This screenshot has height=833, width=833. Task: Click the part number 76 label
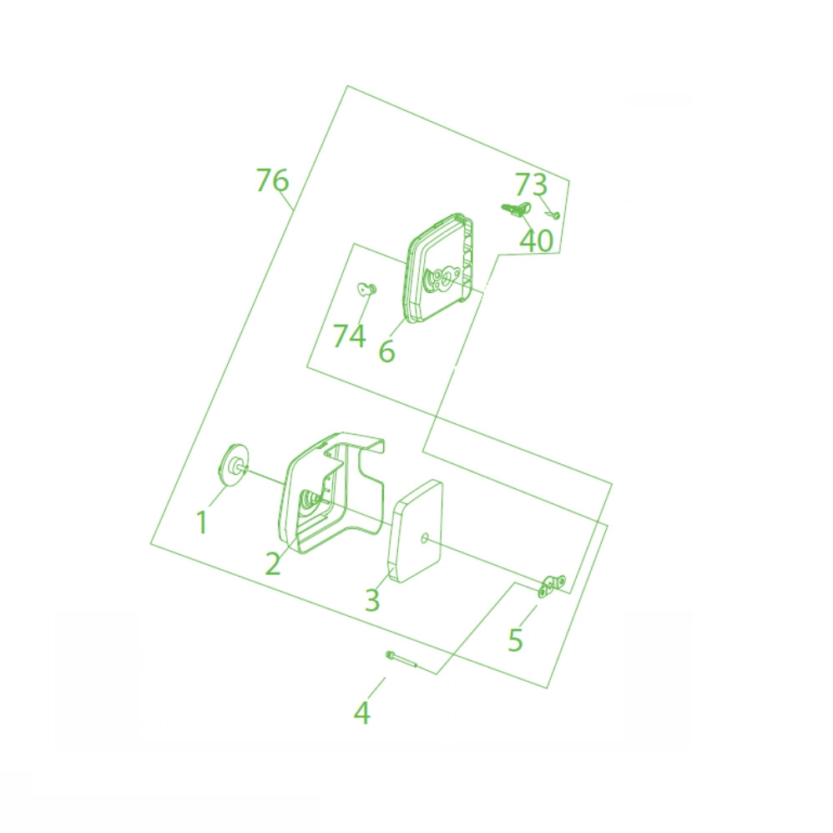[x=272, y=180]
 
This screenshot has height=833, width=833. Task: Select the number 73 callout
[x=531, y=184]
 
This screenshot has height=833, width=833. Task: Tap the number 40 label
[x=536, y=240]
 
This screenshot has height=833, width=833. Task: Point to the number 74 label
[x=349, y=336]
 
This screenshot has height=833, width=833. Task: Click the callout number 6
[x=386, y=351]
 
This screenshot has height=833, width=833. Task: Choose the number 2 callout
[x=273, y=563]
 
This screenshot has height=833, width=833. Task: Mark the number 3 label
[x=372, y=599]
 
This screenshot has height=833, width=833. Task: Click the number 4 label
[x=361, y=713]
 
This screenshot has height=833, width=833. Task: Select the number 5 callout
[x=515, y=639]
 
